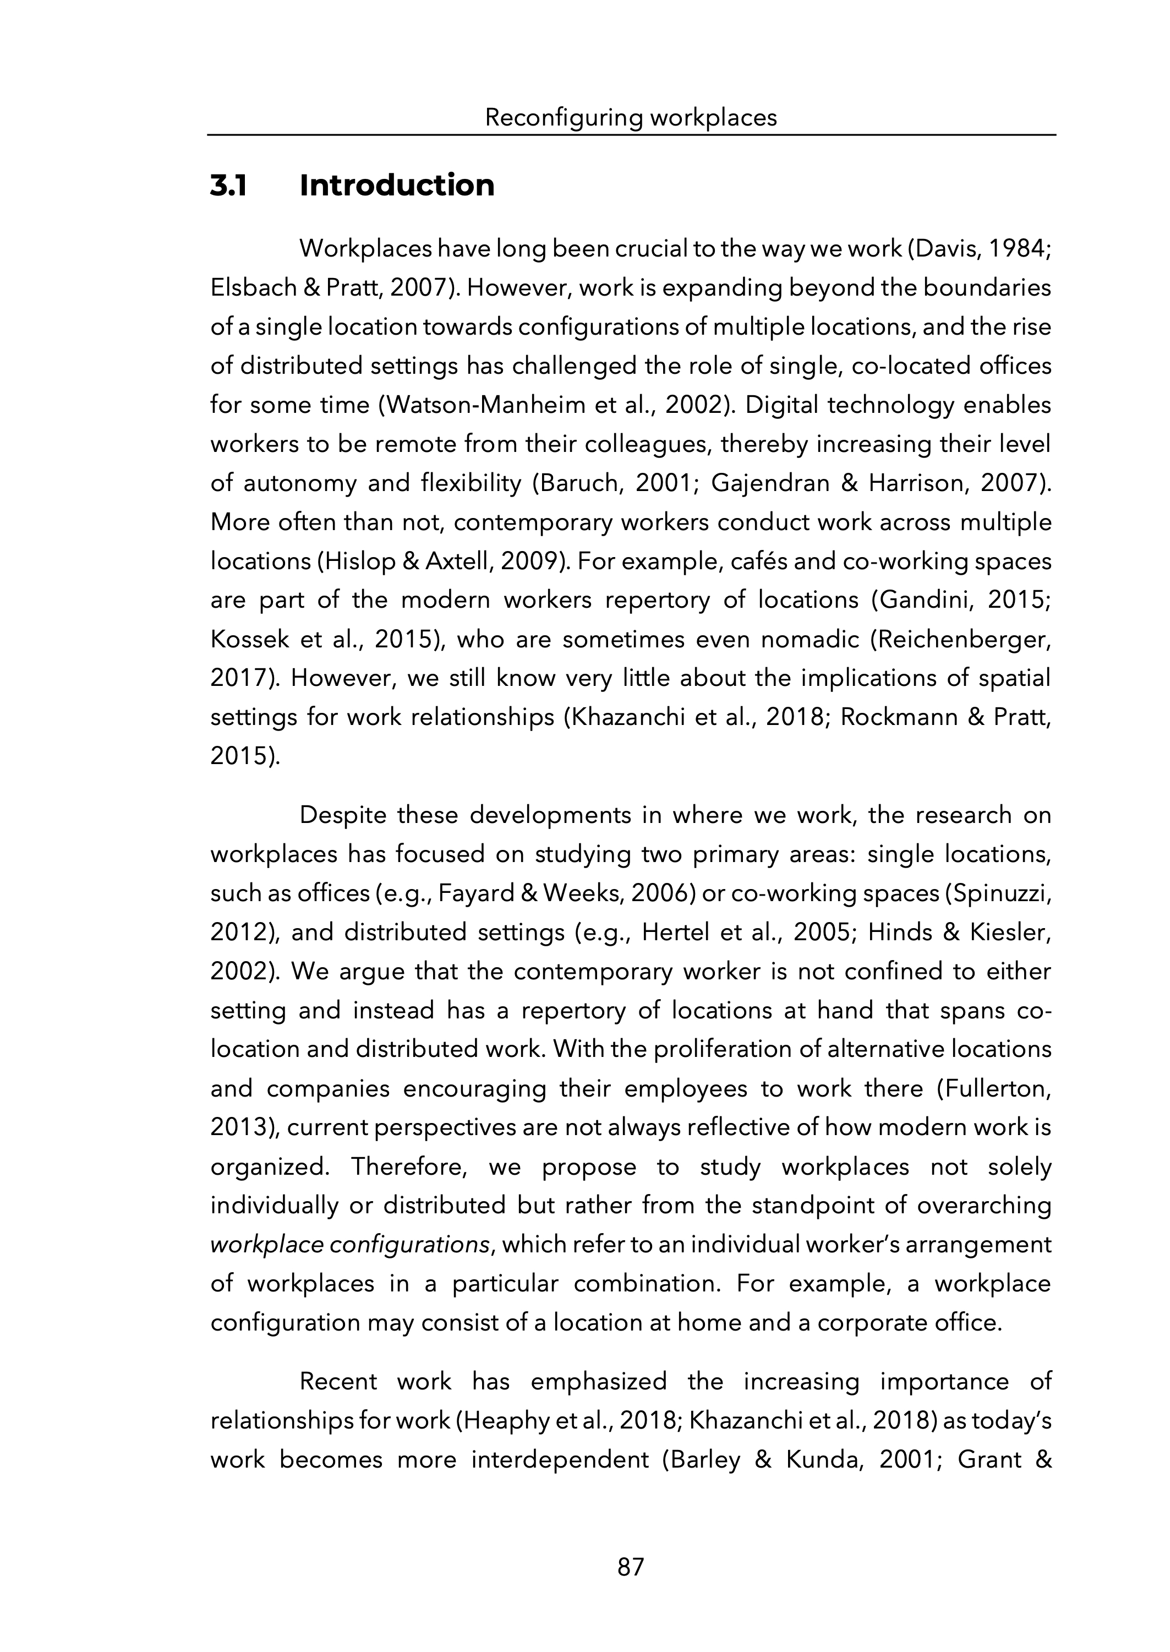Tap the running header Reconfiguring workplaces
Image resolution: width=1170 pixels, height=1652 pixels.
click(x=631, y=117)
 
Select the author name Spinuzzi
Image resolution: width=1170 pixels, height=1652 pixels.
click(x=1000, y=893)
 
